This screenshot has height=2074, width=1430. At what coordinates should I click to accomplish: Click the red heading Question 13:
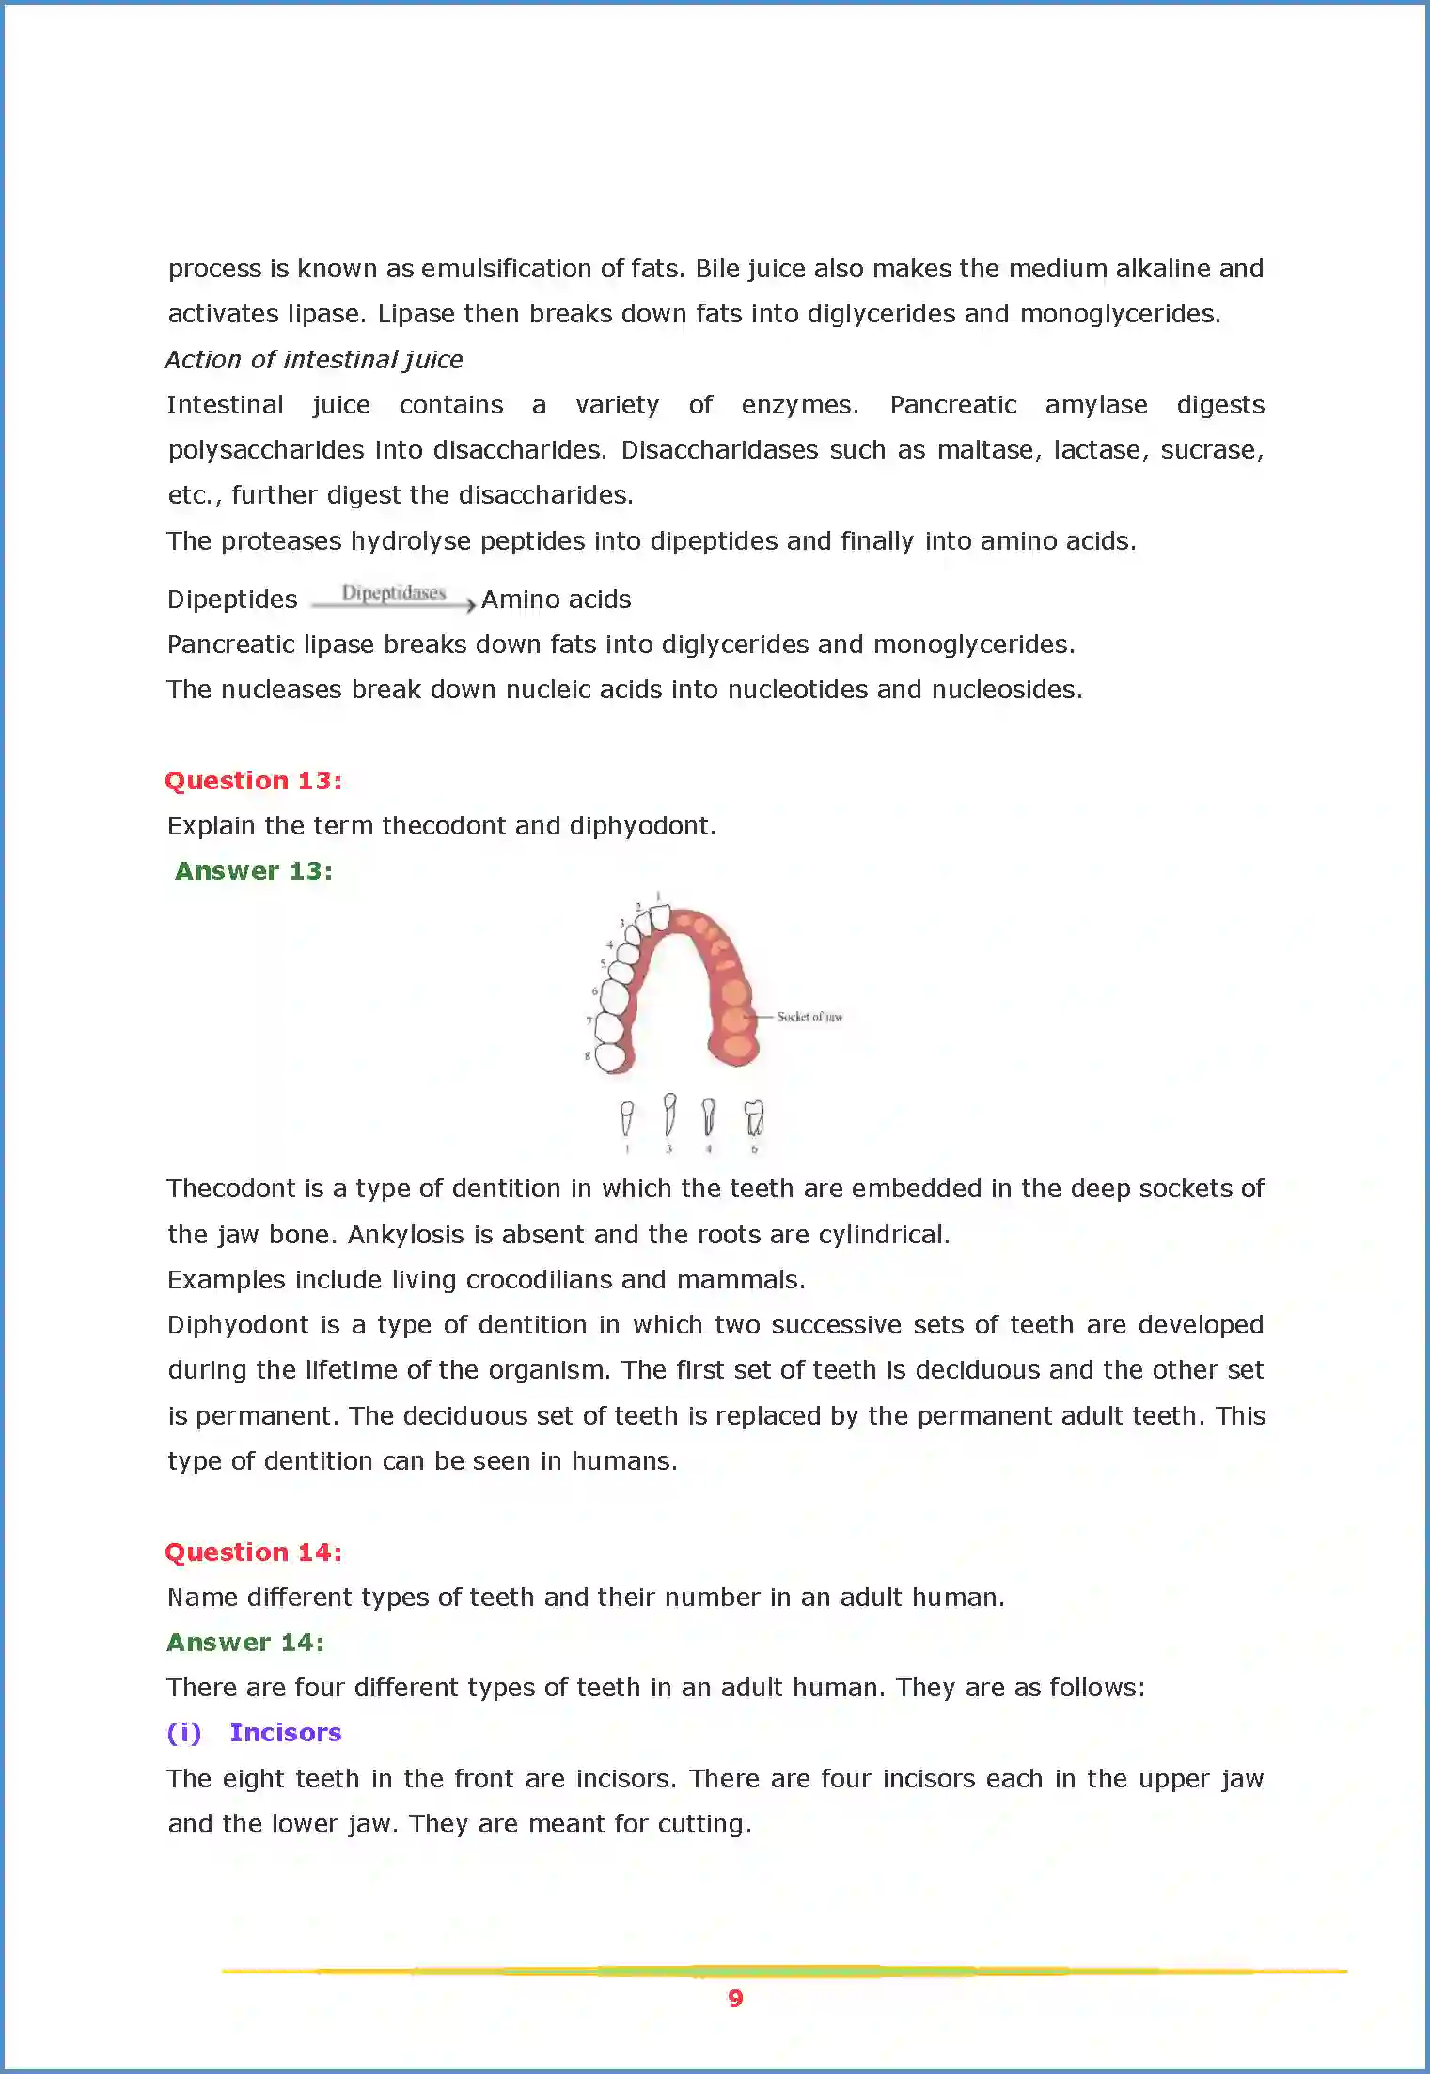[x=253, y=780]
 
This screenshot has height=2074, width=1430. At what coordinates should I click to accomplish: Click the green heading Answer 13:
[x=253, y=871]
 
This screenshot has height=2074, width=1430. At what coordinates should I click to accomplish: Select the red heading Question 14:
[x=253, y=1552]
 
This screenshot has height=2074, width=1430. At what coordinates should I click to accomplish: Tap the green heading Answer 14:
[x=245, y=1642]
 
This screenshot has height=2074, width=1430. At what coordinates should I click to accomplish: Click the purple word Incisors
[x=285, y=1732]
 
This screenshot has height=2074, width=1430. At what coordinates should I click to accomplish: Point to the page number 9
[x=735, y=1998]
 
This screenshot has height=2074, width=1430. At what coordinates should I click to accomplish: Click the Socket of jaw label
[x=809, y=1016]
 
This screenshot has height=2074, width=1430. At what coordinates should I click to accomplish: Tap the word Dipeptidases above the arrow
[x=393, y=593]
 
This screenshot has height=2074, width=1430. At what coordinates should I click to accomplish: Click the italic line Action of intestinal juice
[x=314, y=359]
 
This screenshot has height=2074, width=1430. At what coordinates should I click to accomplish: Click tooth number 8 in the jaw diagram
[x=611, y=1057]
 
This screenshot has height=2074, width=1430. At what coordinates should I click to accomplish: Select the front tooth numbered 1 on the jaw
[x=660, y=916]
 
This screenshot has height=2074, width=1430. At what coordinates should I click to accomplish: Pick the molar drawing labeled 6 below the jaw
[x=754, y=1118]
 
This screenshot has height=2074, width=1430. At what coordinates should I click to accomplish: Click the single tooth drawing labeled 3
[x=669, y=1115]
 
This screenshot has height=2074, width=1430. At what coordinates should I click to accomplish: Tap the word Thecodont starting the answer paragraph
[x=231, y=1188]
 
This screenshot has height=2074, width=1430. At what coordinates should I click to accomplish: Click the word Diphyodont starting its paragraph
[x=238, y=1324]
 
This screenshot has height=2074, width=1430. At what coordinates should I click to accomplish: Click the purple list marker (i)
[x=183, y=1732]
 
